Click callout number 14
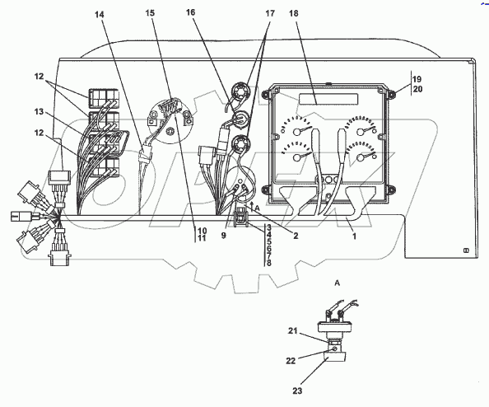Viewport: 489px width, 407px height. [x=100, y=14]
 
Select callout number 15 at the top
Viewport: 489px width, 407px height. [x=150, y=13]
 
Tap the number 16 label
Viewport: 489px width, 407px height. [x=190, y=12]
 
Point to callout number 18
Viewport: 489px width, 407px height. [x=293, y=13]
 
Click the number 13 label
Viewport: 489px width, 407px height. [x=39, y=111]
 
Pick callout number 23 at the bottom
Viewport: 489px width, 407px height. [x=297, y=391]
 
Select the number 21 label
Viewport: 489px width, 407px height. [x=292, y=331]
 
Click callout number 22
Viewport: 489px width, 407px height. [x=291, y=361]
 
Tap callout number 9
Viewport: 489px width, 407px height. [x=224, y=236]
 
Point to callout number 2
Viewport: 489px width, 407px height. [x=296, y=236]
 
